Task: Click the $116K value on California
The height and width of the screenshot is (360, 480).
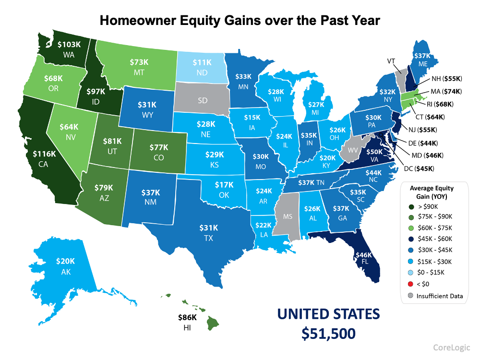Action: point(44,154)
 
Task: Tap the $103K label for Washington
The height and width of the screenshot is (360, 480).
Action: point(69,44)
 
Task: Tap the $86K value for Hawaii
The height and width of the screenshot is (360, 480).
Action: point(187,317)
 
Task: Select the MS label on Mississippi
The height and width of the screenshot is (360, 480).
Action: point(288,216)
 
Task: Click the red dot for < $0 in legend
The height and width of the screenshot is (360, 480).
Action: point(409,284)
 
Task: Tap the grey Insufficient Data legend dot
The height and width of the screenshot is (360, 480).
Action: point(409,296)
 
